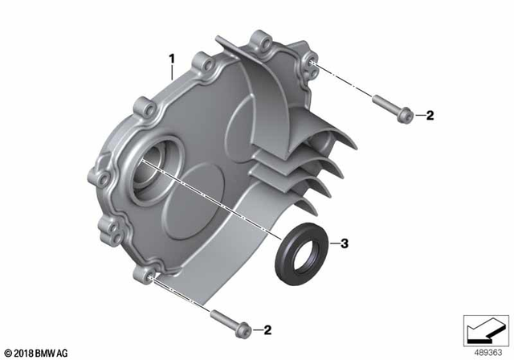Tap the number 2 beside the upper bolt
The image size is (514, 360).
(429, 117)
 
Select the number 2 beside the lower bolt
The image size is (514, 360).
(267, 329)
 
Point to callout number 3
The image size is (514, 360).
(344, 243)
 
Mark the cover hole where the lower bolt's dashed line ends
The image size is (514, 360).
(150, 278)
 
